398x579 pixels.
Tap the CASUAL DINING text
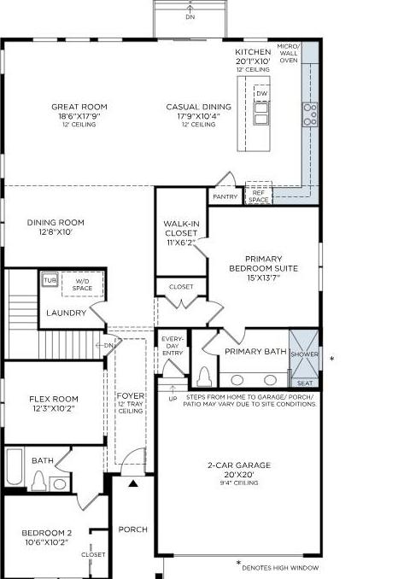tap(198, 107)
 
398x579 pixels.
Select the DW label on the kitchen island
tap(261, 94)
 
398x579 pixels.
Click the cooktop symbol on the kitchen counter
tap(309, 114)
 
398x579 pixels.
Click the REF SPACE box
tap(258, 196)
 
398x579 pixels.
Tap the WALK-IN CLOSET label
tap(180, 229)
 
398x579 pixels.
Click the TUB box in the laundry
tap(50, 280)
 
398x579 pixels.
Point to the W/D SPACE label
tap(83, 284)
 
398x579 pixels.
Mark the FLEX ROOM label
tap(54, 399)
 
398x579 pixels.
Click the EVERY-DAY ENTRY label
tap(173, 346)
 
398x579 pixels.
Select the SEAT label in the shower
tap(305, 383)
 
